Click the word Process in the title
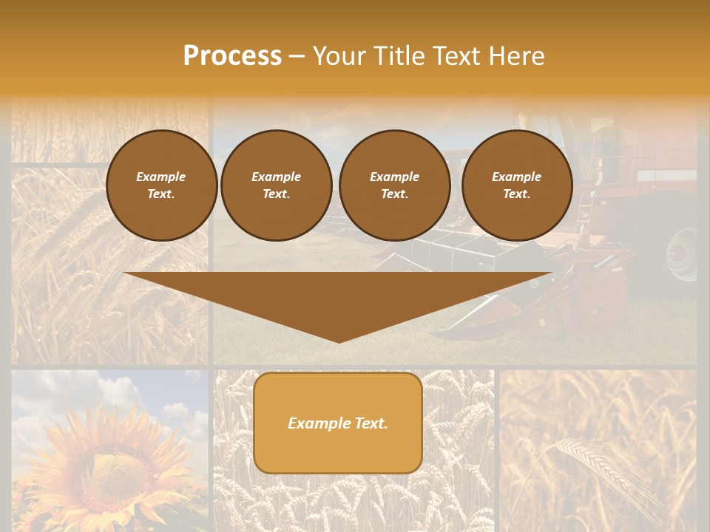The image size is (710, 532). tap(232, 56)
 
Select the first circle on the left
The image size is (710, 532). tap(161, 185)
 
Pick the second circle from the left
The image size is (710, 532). tap(276, 185)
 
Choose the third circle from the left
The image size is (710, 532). tap(394, 185)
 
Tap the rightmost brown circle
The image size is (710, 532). tap(516, 185)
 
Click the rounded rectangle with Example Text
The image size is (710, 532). tap(338, 423)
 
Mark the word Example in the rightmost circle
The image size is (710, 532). tap(516, 177)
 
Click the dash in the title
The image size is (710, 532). tap(297, 56)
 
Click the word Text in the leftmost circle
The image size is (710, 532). tap(161, 194)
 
